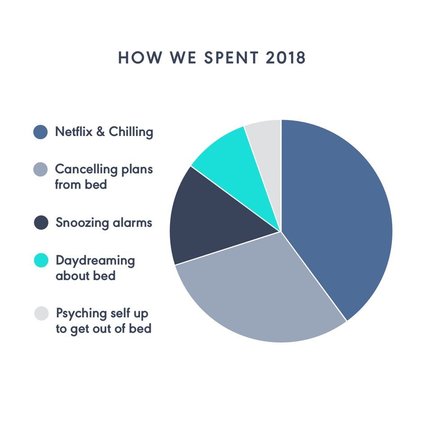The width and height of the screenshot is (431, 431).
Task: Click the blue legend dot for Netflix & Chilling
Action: coord(41,132)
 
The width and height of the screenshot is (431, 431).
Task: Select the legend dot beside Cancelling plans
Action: coord(41,170)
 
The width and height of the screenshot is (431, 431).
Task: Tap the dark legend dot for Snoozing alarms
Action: coord(41,223)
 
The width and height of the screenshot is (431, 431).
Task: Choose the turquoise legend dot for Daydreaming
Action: coord(41,261)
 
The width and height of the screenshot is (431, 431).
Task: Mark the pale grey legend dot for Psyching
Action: coord(41,313)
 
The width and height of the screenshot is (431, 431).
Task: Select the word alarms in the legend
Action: coord(132,223)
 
